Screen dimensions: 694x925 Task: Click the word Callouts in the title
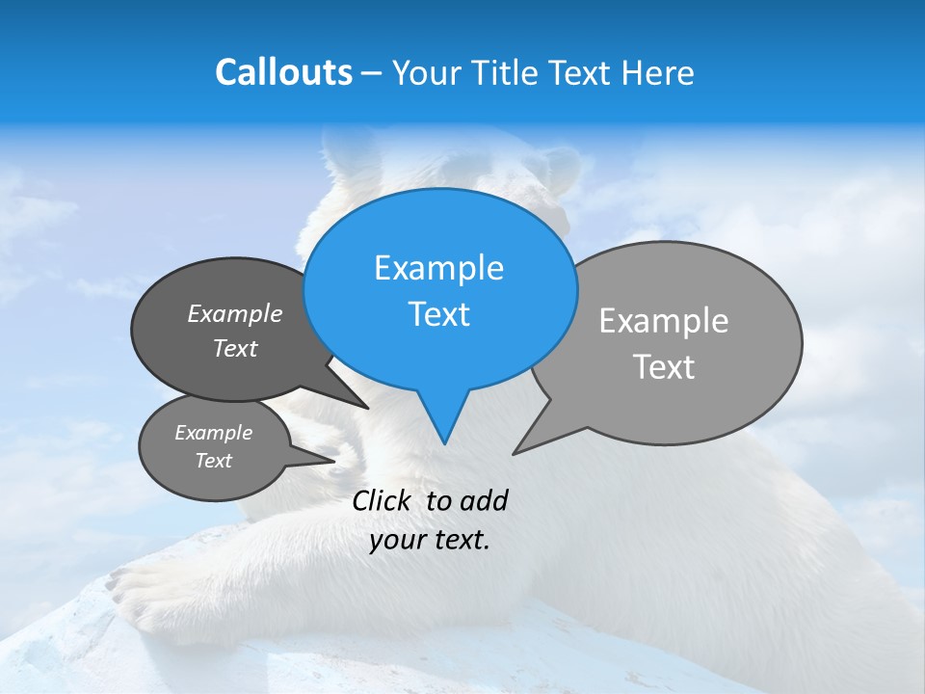[283, 72]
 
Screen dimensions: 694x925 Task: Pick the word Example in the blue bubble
[438, 268]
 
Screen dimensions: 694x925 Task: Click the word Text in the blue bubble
[439, 314]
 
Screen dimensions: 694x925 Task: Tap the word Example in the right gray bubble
[664, 320]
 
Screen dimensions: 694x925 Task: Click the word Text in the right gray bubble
[664, 366]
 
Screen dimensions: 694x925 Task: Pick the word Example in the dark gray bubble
[235, 313]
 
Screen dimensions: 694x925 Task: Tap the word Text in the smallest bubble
[214, 461]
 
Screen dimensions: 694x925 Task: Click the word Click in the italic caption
[382, 500]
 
